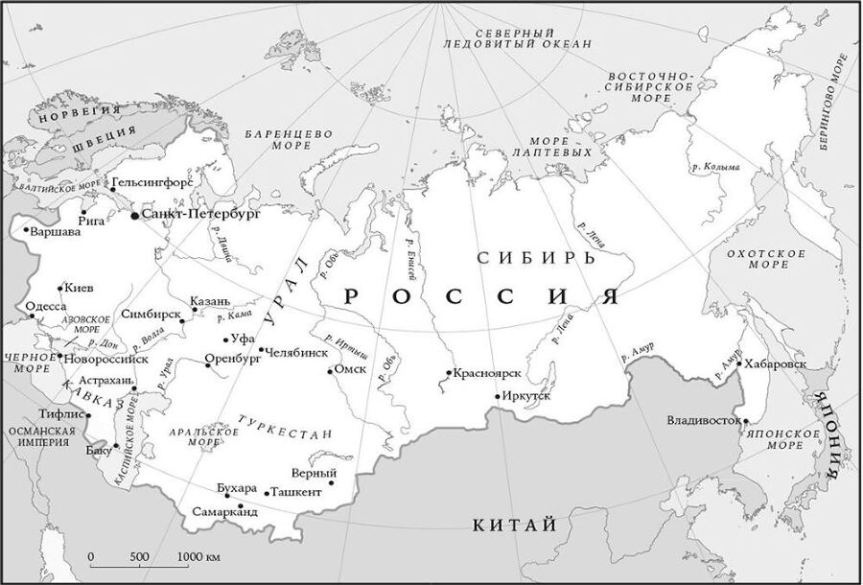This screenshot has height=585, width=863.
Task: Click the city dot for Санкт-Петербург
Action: [135, 216]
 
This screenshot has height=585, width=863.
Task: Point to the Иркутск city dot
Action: [497, 396]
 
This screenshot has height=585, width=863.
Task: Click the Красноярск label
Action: [486, 372]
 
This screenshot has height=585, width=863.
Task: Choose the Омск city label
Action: [351, 370]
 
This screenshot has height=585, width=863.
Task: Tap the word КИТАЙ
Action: [514, 525]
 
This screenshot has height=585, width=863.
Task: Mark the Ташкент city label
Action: [296, 492]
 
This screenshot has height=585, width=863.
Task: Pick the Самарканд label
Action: [224, 512]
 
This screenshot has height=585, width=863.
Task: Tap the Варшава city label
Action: [55, 232]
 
